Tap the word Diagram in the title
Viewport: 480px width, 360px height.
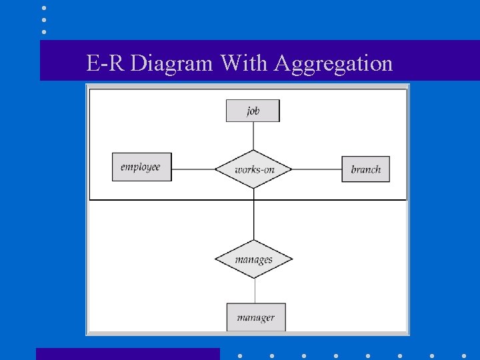[x=172, y=63]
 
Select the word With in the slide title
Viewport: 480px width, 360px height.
[x=244, y=63]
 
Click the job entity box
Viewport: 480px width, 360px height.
[x=253, y=111]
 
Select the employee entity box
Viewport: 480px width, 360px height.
[x=141, y=167]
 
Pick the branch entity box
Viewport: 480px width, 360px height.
[x=365, y=169]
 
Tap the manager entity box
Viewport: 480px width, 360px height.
[x=255, y=317]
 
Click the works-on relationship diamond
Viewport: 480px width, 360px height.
[x=253, y=169]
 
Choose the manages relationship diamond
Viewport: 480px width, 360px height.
[x=253, y=259]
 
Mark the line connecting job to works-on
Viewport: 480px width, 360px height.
[x=253, y=135]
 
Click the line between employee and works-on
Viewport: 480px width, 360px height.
[x=193, y=169]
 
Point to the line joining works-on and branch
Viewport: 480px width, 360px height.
[x=317, y=169]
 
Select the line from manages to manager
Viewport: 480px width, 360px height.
[x=255, y=291]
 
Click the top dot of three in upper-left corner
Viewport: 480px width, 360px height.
[x=44, y=8]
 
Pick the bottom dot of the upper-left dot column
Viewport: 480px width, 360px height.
[x=44, y=31]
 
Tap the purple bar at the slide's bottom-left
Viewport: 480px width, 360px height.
[x=127, y=354]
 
